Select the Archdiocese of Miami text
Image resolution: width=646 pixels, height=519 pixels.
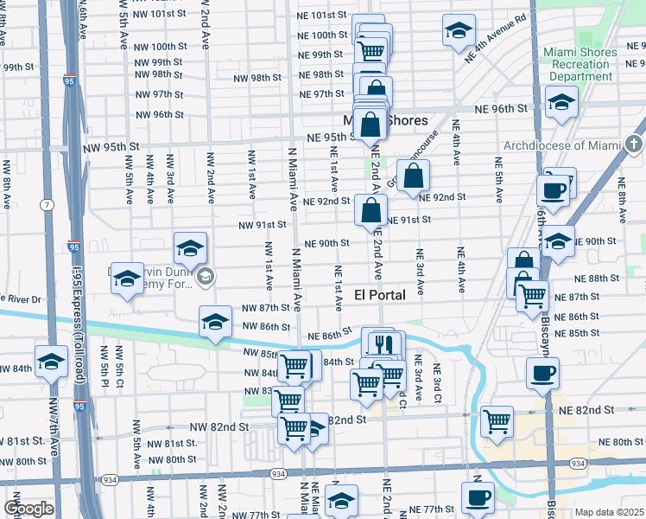(x=562, y=145)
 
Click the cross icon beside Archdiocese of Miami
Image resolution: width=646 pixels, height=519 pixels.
(x=635, y=144)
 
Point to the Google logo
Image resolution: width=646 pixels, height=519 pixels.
(x=28, y=509)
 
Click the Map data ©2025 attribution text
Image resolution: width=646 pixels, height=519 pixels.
(x=609, y=512)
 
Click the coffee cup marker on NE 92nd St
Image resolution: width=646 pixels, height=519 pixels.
(x=553, y=189)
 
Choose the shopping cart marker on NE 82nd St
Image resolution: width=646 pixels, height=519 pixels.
(x=498, y=421)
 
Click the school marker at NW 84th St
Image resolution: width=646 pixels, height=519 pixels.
(x=51, y=360)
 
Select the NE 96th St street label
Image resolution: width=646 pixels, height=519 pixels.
(x=505, y=109)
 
